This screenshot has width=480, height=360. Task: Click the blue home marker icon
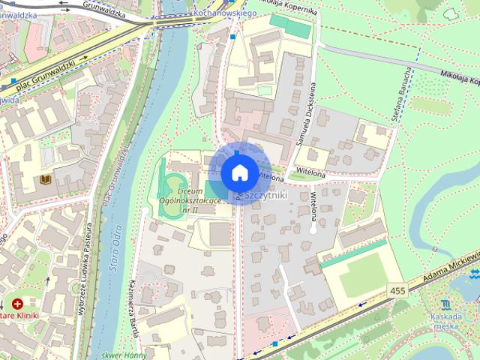coord(238,172)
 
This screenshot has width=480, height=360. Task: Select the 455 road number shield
coord(398,289)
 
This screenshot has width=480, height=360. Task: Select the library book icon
coord(45,179)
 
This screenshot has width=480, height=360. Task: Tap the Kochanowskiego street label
coord(225,13)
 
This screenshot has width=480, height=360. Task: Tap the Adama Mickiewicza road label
coord(449,269)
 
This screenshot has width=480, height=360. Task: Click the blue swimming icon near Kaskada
coord(446,304)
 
